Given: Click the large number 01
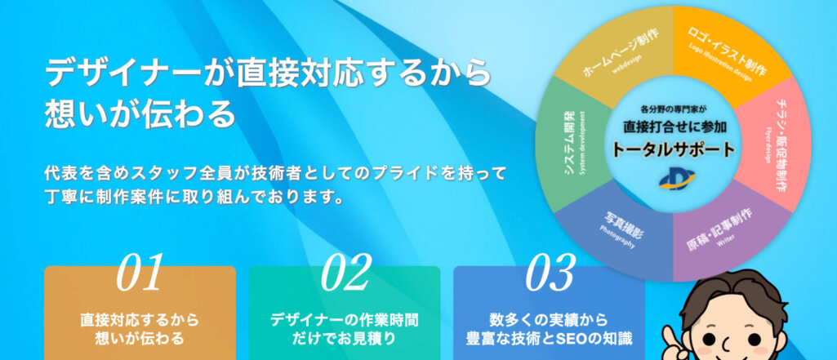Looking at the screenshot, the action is coord(140,272).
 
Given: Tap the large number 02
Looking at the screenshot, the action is coord(345,272).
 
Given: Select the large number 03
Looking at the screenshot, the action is coord(550,272).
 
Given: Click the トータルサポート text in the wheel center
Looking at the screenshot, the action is coord(673,150).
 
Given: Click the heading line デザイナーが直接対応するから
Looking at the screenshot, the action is coord(268,73).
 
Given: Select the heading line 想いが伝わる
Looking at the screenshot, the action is coord(140,113).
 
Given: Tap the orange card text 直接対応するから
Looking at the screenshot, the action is coord(140,320).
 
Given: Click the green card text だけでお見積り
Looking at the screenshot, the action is coord(345,338).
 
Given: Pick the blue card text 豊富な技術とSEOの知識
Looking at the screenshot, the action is coord(550,338).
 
